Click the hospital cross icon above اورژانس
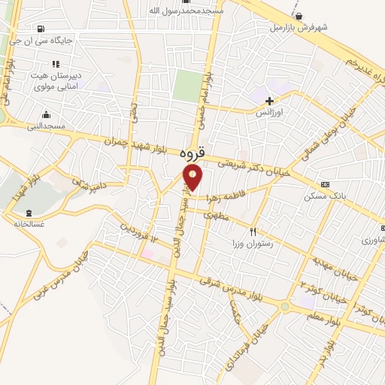270,100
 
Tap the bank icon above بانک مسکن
325,184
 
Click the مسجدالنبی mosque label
47,127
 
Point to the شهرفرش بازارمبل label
300,28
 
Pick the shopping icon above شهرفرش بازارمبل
299,16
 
